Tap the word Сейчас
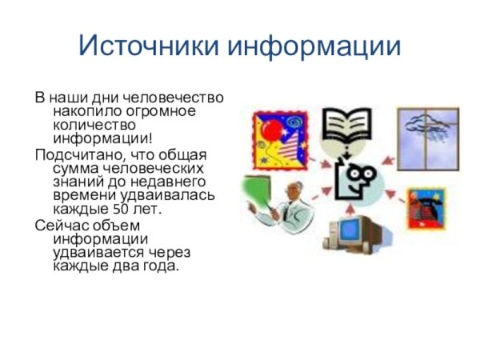pyautogui.click(x=58, y=225)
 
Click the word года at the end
pyautogui.click(x=161, y=266)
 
